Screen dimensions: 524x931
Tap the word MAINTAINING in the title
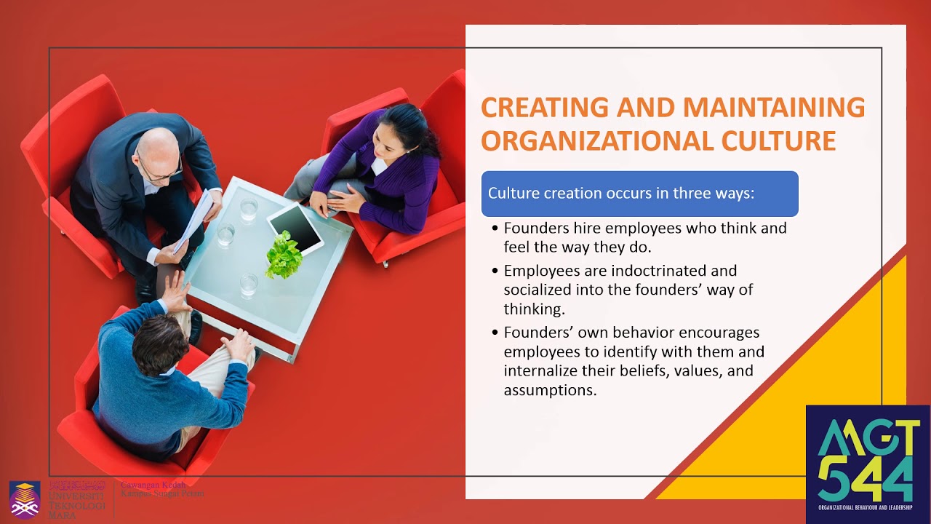pos(774,107)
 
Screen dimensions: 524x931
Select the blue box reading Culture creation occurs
pos(639,194)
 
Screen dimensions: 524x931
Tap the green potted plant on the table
pos(284,255)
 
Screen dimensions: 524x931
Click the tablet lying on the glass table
pos(296,227)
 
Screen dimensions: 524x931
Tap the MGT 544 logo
pos(867,464)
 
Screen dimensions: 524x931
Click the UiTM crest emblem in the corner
pos(25,499)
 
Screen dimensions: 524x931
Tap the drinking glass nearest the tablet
pos(249,210)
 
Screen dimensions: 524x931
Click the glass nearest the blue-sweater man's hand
pos(249,284)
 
